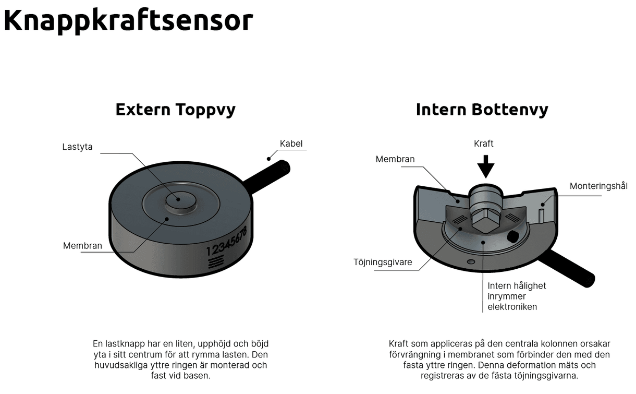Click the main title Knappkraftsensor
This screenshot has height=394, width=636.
click(x=128, y=21)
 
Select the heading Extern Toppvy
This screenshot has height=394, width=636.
click(x=175, y=110)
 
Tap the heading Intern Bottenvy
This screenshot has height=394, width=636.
click(x=482, y=110)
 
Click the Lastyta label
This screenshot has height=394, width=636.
click(x=77, y=147)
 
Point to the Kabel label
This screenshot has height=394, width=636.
click(x=291, y=144)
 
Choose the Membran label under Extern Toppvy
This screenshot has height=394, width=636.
click(x=82, y=245)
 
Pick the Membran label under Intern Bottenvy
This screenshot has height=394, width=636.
click(x=395, y=159)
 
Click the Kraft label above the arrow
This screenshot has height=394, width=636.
click(x=484, y=144)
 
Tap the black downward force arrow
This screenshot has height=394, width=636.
click(x=486, y=168)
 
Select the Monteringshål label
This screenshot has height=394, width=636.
click(x=598, y=186)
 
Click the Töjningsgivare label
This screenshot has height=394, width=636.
click(x=383, y=262)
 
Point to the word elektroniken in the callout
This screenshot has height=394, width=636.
click(x=512, y=307)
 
